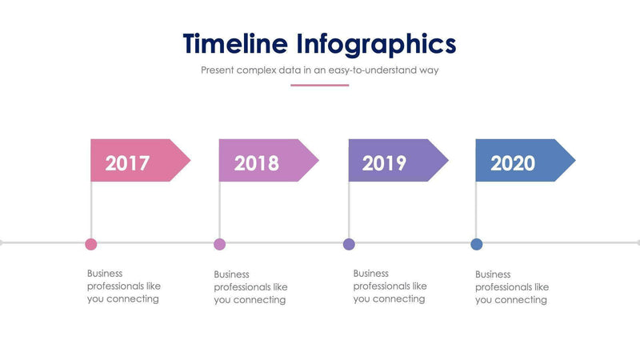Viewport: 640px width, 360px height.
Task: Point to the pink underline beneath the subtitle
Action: (320, 85)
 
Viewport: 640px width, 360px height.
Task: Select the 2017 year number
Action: (128, 163)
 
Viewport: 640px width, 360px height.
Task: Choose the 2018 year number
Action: (257, 163)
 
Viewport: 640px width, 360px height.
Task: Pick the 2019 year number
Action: (385, 163)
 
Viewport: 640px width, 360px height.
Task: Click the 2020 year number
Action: (513, 163)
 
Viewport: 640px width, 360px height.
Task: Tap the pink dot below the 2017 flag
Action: (91, 244)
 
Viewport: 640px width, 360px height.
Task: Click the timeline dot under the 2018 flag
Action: (220, 244)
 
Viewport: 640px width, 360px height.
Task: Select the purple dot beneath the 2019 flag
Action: (349, 244)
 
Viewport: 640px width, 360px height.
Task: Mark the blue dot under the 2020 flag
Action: (477, 244)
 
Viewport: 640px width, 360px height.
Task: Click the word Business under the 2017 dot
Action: (105, 273)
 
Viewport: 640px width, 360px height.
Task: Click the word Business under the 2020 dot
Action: (493, 274)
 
